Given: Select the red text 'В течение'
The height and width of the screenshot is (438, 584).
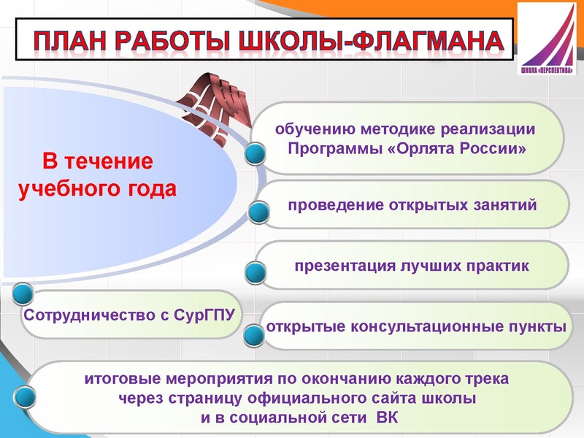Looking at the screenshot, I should tap(96, 161).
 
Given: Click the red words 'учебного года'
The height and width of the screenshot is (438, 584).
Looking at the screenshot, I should tap(96, 189).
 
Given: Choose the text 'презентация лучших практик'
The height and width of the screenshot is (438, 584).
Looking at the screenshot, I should tap(412, 265).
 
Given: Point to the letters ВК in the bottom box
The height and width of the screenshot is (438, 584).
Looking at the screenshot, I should tap(388, 418).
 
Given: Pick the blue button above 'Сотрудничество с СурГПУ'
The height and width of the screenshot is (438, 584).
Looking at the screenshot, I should tap(23, 294).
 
